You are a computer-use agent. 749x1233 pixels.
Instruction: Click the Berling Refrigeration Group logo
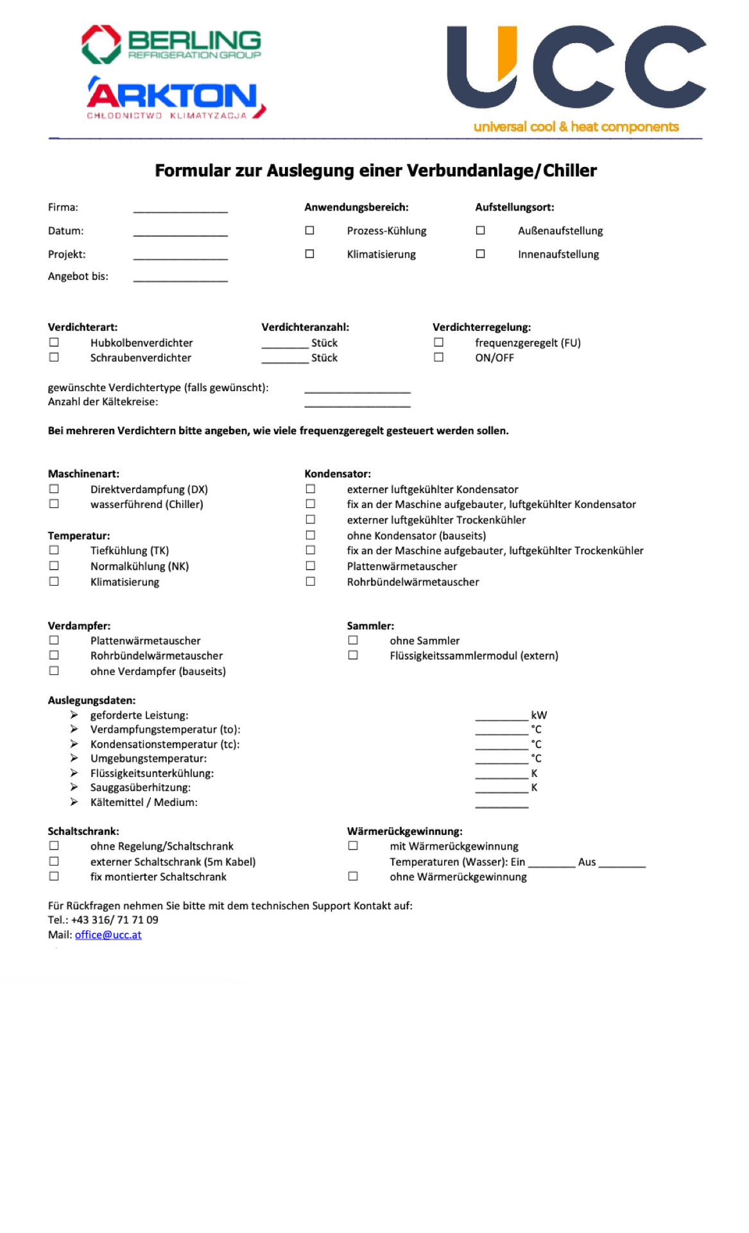171,44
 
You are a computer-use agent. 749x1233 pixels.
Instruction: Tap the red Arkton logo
175,98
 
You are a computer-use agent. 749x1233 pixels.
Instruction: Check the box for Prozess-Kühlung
310,231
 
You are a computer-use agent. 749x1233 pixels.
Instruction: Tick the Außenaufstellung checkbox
480,231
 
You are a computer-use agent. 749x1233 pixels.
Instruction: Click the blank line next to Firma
180,208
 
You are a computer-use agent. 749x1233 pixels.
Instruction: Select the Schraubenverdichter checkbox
54,357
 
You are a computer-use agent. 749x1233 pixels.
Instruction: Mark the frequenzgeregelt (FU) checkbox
438,342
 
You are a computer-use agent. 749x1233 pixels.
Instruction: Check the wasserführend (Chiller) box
54,504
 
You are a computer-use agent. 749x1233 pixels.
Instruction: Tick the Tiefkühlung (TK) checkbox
54,550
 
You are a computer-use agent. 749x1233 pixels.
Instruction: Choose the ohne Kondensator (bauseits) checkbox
311,535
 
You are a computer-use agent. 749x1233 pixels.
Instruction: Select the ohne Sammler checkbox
353,640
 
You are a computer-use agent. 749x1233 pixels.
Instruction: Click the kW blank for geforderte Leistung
501,716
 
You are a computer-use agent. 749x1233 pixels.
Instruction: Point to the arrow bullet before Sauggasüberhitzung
74,787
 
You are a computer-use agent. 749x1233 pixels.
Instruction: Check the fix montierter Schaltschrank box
54,877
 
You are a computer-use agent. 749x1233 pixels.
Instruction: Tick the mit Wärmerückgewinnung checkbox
353,846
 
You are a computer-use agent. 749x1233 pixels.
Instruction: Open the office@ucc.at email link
108,935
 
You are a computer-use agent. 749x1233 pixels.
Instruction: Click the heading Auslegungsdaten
92,701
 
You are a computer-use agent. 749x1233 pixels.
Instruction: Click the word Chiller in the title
570,171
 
